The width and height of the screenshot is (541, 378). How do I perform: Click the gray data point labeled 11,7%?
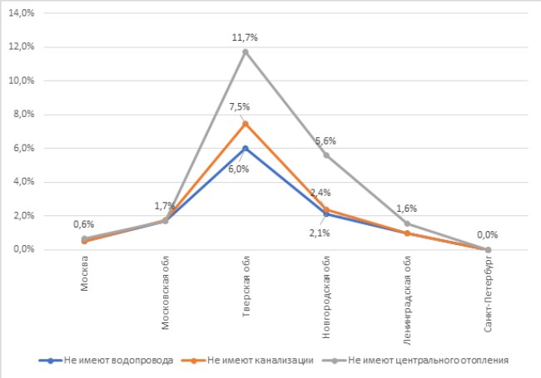246,52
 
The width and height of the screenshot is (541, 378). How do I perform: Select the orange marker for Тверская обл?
246,123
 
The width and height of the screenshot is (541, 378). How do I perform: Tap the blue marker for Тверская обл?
246,148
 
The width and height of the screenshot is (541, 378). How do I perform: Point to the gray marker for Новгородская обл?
325,155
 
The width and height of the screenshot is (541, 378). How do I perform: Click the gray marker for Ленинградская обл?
407,223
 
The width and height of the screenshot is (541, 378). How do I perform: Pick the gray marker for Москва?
84,239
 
